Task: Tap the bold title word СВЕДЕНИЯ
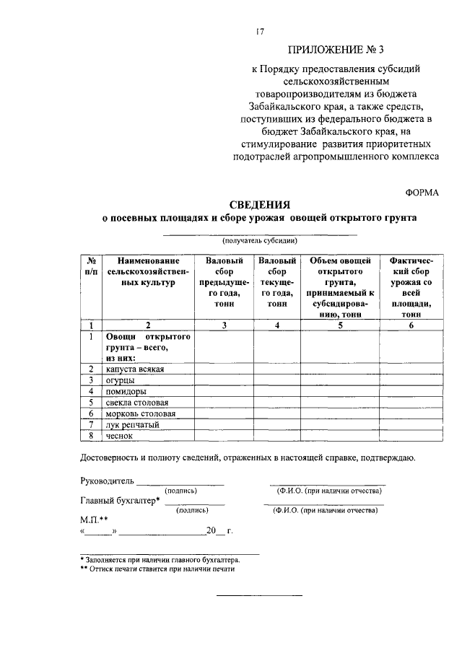(259, 204)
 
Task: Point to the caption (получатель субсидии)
(259, 240)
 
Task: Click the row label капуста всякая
(135, 369)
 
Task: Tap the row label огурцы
(121, 380)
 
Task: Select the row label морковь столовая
(140, 413)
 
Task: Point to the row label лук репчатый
(132, 424)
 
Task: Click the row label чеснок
(120, 435)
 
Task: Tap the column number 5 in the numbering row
(339, 325)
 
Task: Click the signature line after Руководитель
(180, 483)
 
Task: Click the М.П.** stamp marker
(94, 519)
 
